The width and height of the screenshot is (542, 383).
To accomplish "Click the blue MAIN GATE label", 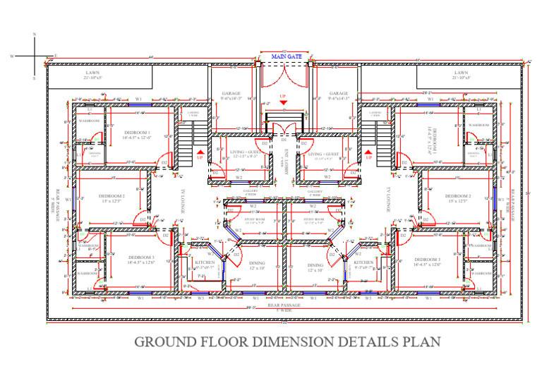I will click(x=282, y=56).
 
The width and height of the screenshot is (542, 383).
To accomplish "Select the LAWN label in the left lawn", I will click(x=93, y=73).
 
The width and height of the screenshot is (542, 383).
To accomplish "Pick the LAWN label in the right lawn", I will click(x=461, y=73).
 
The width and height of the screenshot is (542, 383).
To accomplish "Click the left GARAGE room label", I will click(x=231, y=94).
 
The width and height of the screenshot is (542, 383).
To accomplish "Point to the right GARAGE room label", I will click(x=339, y=94).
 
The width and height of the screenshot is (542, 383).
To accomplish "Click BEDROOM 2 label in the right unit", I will click(x=457, y=196).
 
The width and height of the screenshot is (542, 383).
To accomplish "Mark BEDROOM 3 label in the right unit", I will click(x=428, y=260).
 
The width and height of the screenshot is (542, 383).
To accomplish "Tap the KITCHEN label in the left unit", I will click(x=204, y=262).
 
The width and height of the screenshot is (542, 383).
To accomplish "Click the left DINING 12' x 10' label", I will click(x=257, y=265).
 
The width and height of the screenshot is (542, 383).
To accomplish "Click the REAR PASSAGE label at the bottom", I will click(x=284, y=305).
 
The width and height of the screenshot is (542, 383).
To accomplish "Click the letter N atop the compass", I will click(x=33, y=35).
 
